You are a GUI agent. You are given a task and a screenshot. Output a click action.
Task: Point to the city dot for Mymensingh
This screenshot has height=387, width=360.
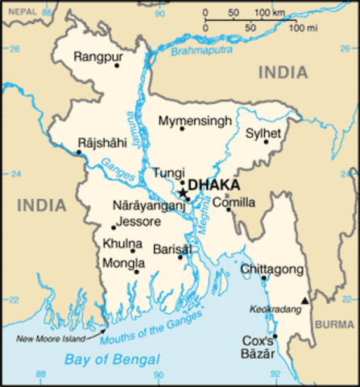pos(182,129)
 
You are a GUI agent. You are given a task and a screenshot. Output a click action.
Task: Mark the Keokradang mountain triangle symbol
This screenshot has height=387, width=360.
pos(304,301)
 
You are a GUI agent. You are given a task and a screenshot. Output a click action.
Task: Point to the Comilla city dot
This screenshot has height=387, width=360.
pos(228,211)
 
